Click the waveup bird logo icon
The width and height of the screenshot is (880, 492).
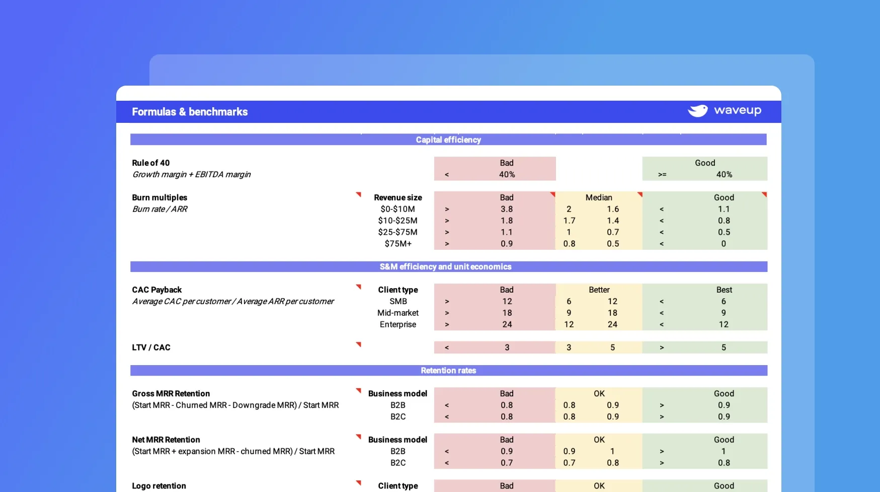point(698,111)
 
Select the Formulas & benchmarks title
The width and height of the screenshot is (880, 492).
point(190,112)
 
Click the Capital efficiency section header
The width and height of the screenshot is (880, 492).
point(448,140)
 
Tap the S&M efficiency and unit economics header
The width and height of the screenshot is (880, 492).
point(445,267)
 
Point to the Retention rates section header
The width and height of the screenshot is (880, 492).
point(448,371)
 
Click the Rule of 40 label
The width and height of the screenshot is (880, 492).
point(151,163)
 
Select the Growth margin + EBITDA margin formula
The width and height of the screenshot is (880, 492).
point(191,175)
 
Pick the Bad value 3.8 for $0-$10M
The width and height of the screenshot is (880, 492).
point(507,209)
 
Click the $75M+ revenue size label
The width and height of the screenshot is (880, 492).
point(398,244)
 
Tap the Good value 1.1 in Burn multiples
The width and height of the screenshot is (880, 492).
point(724,209)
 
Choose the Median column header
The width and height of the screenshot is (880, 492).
point(599,197)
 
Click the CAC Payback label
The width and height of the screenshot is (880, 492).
point(157,290)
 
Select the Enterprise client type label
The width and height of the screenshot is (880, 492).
point(398,325)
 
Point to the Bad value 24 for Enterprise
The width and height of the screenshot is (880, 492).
point(507,325)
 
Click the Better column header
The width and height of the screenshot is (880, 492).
point(599,290)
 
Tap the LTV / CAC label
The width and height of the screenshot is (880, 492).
point(151,347)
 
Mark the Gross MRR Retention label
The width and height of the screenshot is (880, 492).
point(171,394)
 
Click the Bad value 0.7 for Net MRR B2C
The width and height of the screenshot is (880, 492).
point(507,463)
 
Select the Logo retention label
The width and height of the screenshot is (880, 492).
point(159,486)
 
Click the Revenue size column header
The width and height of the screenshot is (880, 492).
point(398,198)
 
